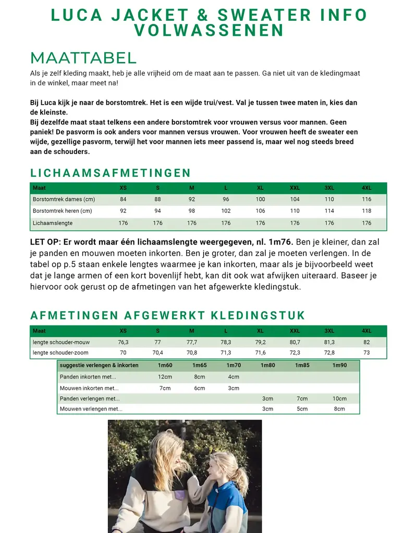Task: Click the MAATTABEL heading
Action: point(83,58)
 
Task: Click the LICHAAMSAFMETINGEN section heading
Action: point(111,173)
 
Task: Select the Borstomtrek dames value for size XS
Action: point(123,199)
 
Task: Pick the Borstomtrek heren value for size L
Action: point(226,211)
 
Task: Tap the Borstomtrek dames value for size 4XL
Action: point(366,199)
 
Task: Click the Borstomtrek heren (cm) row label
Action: point(62,211)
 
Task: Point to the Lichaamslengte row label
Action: point(53,223)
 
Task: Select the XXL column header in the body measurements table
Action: point(295,188)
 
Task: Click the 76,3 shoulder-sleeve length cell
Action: point(123,342)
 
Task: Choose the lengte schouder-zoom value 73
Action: point(366,352)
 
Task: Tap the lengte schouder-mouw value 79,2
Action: point(260,342)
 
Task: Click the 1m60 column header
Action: point(165,365)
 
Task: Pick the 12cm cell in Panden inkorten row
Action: point(165,377)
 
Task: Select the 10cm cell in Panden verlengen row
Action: point(339,399)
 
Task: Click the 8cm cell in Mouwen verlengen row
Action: point(339,409)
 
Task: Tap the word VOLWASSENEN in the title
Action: point(208,30)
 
